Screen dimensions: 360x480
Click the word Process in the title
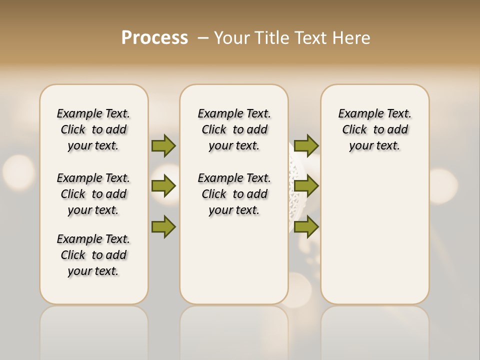(154, 37)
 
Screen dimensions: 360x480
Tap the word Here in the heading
(351, 37)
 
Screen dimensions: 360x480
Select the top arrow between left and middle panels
(163, 145)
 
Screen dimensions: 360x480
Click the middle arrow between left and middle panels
(163, 186)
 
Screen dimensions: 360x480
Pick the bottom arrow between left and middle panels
(163, 226)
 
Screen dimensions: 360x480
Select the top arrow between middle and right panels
(306, 145)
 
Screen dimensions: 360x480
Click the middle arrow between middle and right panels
(306, 186)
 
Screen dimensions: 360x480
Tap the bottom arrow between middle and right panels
(306, 226)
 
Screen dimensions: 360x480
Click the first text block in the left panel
(93, 129)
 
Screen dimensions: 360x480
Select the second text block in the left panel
(93, 194)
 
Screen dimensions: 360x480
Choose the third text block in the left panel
(93, 255)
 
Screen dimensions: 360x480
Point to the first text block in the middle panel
(234, 129)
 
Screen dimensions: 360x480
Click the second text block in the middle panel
(234, 194)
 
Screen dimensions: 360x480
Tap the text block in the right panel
(374, 129)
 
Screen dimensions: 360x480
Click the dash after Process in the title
(203, 37)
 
